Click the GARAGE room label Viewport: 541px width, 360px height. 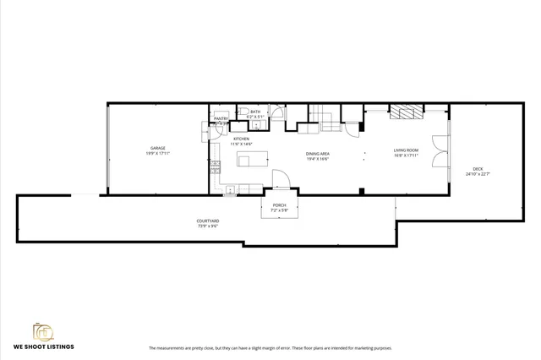(x=157, y=148)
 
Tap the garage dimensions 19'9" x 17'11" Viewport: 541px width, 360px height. (x=157, y=154)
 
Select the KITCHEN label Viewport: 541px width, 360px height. (x=241, y=139)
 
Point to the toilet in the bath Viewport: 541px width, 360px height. (x=242, y=112)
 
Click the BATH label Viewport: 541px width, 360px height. (x=255, y=111)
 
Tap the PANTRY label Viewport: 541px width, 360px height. (x=221, y=118)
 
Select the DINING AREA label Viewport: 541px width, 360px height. (x=317, y=153)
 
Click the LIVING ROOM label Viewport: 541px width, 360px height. (x=407, y=150)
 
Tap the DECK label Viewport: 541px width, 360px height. (x=478, y=169)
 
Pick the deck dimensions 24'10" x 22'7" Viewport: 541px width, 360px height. (x=478, y=174)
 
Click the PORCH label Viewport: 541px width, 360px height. (x=279, y=205)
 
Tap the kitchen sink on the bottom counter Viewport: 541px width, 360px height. (x=230, y=190)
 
